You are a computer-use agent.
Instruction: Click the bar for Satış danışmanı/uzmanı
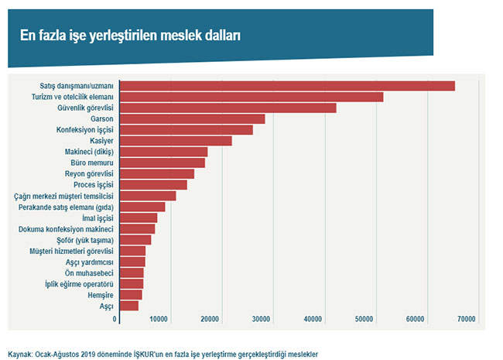(286, 86)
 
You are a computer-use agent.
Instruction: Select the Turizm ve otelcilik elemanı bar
(251, 97)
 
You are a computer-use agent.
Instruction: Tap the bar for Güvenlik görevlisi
(228, 108)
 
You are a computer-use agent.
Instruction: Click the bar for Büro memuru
(162, 163)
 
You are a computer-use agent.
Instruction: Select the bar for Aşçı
(128, 306)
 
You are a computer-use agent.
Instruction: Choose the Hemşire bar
(130, 295)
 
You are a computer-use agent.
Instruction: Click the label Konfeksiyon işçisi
(85, 130)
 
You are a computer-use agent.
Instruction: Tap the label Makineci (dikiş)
(89, 152)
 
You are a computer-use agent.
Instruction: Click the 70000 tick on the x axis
(466, 319)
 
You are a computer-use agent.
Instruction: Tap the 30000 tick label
(262, 319)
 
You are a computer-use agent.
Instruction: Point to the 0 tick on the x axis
(115, 319)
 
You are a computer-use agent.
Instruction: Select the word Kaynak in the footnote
(19, 354)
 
